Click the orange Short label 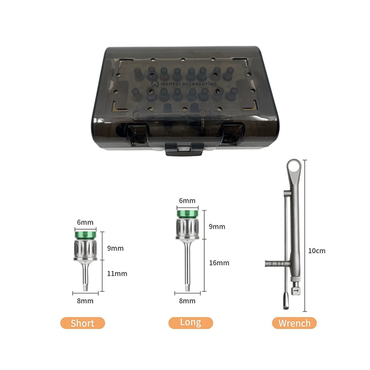83,323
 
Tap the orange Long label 191,322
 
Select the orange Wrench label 294,323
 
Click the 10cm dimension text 317,251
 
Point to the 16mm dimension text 219,263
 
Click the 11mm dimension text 117,273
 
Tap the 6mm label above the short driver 85,222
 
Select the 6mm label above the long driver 187,201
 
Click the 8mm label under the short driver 85,301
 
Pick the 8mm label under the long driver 187,301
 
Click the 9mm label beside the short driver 115,248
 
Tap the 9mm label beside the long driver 217,227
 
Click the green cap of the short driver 86,235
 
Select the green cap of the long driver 188,214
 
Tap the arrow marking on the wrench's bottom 296,290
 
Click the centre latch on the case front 184,149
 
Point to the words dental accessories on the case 189,84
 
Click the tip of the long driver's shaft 188,291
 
